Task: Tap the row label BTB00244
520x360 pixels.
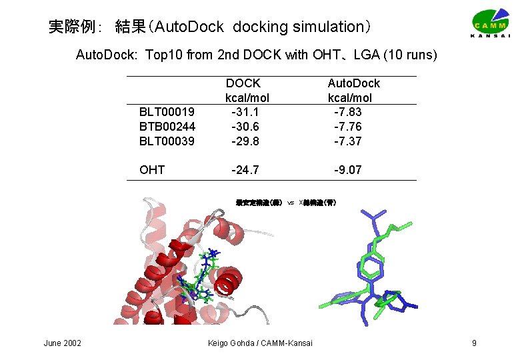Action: tap(167, 127)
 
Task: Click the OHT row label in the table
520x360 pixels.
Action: tap(152, 170)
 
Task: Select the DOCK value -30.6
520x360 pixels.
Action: tap(244, 127)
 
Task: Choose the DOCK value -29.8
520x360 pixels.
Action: tap(244, 141)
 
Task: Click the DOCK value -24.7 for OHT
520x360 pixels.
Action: tap(244, 170)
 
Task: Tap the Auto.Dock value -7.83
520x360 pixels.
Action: tap(348, 112)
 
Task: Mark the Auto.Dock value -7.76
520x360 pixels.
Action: tap(348, 127)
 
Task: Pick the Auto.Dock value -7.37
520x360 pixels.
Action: tap(348, 141)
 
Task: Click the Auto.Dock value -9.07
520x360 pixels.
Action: tap(348, 170)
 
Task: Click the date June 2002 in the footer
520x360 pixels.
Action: tap(63, 343)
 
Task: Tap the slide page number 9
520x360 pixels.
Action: tap(473, 343)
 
